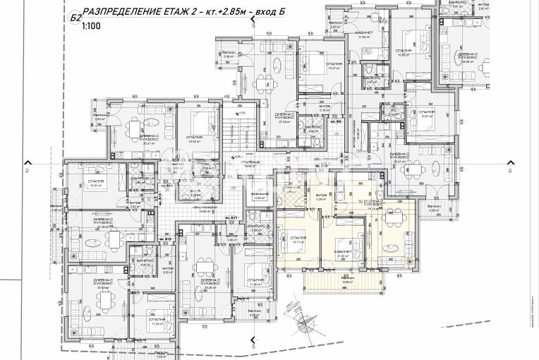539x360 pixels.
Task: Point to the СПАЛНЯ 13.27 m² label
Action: (334, 66)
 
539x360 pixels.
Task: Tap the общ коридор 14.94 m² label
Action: (207, 210)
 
